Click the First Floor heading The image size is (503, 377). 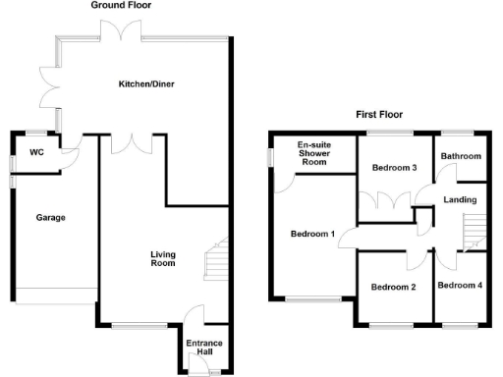pyautogui.click(x=378, y=114)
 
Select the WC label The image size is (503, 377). pyautogui.click(x=37, y=152)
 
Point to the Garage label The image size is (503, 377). pyautogui.click(x=51, y=217)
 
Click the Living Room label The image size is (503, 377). pyautogui.click(x=162, y=259)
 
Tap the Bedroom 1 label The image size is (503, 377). pyautogui.click(x=313, y=234)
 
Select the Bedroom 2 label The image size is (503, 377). pyautogui.click(x=393, y=287)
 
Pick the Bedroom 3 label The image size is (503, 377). pyautogui.click(x=395, y=168)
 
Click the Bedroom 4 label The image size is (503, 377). pyautogui.click(x=460, y=286)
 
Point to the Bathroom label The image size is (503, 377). pyautogui.click(x=460, y=157)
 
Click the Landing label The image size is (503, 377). pyautogui.click(x=460, y=200)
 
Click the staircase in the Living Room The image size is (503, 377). pyautogui.click(x=216, y=260)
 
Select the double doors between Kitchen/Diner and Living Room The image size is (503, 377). pyautogui.click(x=125, y=143)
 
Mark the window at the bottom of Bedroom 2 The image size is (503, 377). pyautogui.click(x=395, y=323)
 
